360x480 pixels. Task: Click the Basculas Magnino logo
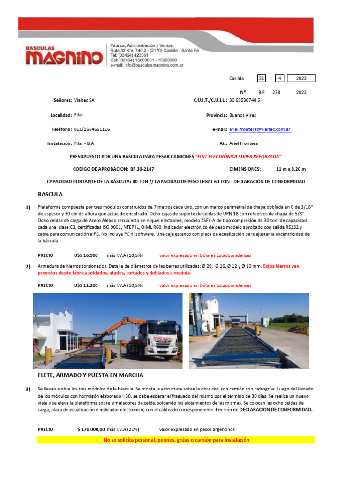point(64,56)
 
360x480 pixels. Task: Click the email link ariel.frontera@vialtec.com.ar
point(260,129)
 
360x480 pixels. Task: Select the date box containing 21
point(262,79)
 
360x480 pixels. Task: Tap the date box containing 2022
point(301,79)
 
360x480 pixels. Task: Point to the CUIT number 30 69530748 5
point(244,100)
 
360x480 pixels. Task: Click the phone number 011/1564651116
point(92,129)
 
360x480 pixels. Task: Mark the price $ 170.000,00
point(91,429)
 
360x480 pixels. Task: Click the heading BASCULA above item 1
point(50,194)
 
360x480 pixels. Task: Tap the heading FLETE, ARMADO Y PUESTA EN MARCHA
point(90,375)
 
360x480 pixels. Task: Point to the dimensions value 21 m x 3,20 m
point(291,169)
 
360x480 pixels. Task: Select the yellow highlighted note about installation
point(176,440)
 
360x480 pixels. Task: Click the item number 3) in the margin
point(28,390)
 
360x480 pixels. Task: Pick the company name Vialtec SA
point(84,100)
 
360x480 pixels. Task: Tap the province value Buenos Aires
point(242,115)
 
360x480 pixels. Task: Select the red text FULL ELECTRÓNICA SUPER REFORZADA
point(238,156)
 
